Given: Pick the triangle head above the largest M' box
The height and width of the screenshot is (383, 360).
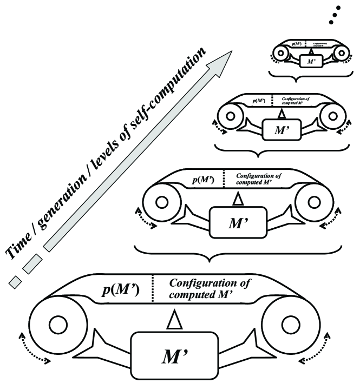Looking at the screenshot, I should pyautogui.click(x=173, y=320).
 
